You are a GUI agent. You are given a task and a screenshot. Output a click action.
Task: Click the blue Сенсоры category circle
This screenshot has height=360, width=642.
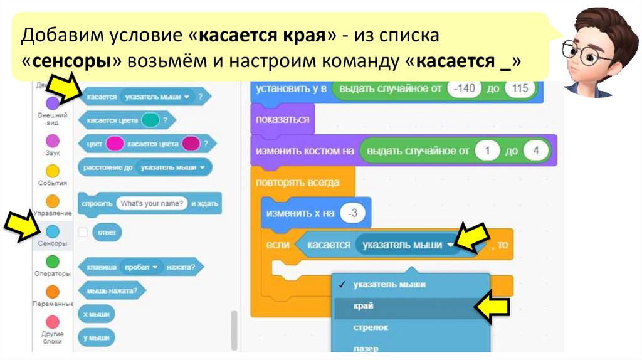tap(53, 233)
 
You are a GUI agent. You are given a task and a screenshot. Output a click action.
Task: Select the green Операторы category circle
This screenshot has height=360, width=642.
tap(53, 262)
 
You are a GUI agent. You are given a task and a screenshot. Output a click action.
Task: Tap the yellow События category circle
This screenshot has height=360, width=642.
tap(53, 171)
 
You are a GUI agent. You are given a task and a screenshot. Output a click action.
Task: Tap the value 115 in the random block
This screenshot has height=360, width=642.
tap(520, 88)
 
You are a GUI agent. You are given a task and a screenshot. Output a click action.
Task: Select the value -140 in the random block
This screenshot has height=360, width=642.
tap(465, 88)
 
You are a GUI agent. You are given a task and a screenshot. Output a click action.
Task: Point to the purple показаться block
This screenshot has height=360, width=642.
tap(282, 119)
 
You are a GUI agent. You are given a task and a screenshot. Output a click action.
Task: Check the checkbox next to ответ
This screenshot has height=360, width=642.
tap(83, 232)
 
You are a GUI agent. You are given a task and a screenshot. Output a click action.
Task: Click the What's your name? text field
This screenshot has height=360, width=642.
tap(152, 203)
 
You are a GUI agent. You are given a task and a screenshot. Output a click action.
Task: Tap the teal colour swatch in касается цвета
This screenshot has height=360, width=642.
tap(150, 119)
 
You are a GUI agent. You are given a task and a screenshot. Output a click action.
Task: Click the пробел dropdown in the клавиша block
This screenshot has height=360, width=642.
tap(140, 267)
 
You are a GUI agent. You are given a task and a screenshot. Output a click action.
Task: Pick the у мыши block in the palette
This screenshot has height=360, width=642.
tap(96, 337)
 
